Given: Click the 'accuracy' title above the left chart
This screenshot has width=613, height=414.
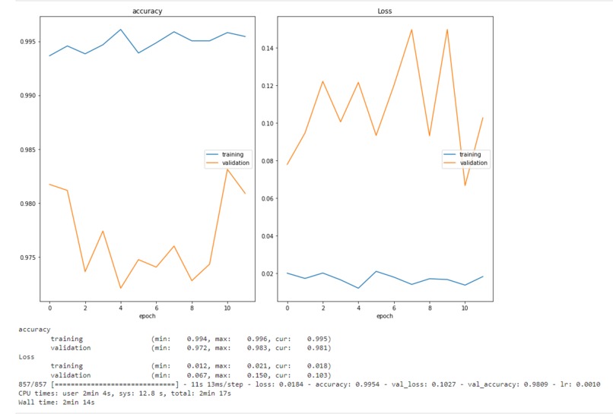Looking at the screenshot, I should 147,11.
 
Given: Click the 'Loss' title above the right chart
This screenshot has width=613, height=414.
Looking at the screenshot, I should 385,11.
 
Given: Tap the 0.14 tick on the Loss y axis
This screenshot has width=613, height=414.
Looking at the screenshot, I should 266,48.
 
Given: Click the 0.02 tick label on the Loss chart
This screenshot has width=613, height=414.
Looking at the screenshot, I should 266,273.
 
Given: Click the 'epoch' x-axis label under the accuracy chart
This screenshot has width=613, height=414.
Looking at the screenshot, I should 147,316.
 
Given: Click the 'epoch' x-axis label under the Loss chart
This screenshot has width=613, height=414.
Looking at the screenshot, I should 385,316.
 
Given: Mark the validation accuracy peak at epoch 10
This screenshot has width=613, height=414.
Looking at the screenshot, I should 227,169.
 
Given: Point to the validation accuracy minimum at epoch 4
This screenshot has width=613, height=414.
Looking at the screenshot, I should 120,288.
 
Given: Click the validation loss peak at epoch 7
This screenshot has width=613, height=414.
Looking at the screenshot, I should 411,30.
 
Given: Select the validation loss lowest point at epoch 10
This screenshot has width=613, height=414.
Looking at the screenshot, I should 465,185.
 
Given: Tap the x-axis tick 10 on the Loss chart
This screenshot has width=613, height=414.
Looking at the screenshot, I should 465,307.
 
